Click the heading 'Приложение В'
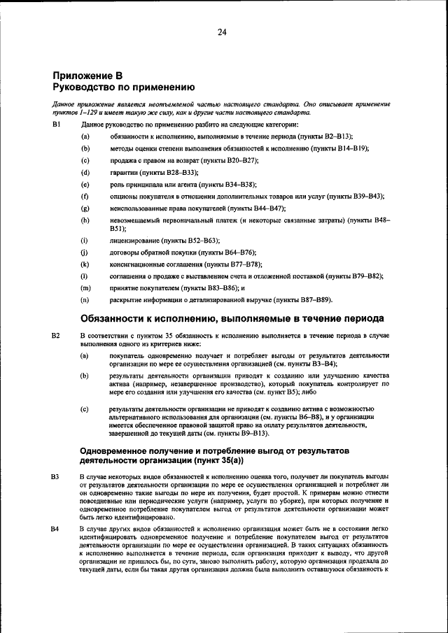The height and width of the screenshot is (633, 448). [88, 76]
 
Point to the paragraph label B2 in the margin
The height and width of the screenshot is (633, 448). [57, 336]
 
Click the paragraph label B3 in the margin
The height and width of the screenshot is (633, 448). [57, 476]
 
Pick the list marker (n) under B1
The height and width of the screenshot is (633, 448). [85, 300]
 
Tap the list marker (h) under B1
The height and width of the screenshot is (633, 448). [85, 220]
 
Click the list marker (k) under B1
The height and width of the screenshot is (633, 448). [85, 264]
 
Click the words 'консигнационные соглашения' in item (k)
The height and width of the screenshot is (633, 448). [155, 264]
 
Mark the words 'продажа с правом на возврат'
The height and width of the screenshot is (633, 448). [152, 160]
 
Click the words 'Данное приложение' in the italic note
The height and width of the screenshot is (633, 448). [78, 104]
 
